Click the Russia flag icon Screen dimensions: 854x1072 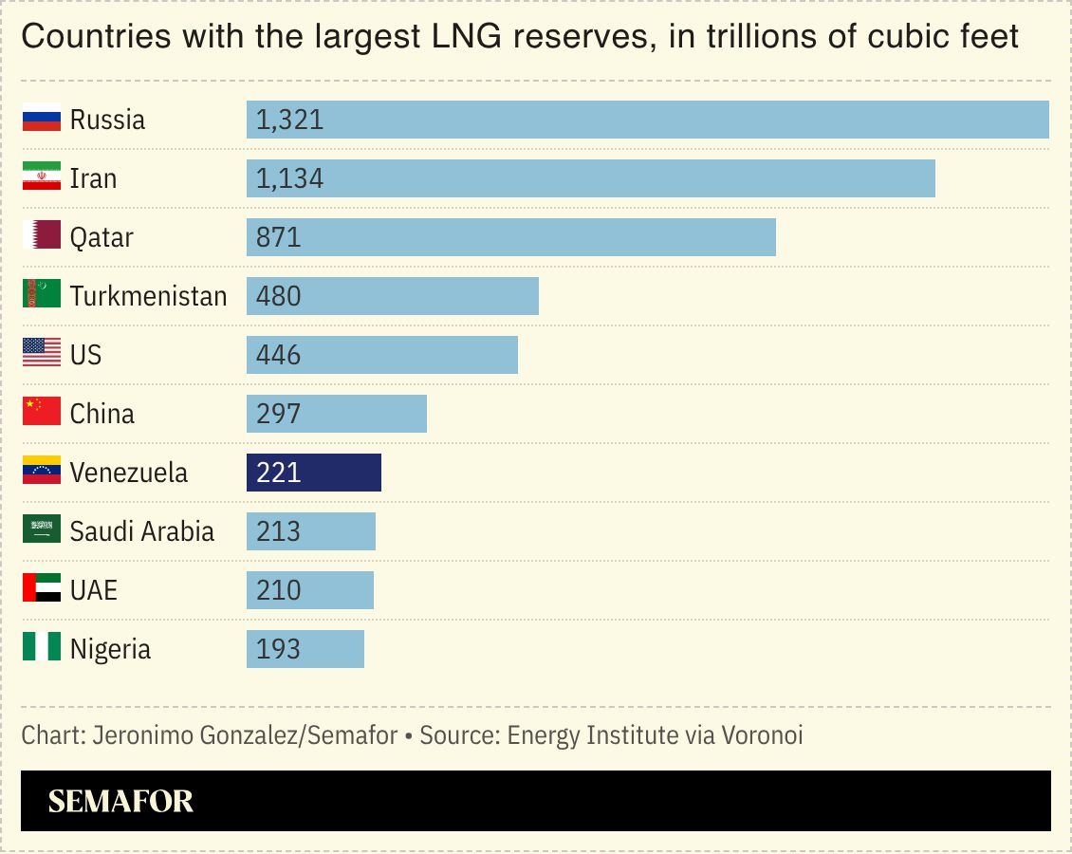[x=42, y=119]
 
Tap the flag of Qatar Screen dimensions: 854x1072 [x=42, y=236]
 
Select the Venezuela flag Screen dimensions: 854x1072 [x=42, y=472]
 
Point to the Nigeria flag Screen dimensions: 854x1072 [x=42, y=648]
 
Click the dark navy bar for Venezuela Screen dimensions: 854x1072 [x=313, y=473]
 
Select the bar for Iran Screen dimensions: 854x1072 [x=590, y=178]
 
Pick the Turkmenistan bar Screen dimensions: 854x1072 [x=392, y=296]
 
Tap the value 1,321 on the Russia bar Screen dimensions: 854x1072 [x=289, y=120]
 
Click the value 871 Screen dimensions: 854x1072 [x=278, y=237]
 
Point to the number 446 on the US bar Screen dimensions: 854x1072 [x=278, y=355]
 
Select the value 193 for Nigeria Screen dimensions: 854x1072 [x=278, y=649]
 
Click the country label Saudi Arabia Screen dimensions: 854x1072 [x=141, y=531]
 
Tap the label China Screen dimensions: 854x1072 [x=102, y=414]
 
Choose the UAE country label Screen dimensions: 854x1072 [x=93, y=590]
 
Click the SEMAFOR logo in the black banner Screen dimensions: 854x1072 [x=120, y=802]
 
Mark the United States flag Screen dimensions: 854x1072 [x=42, y=354]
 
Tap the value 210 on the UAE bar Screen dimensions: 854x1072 [x=278, y=590]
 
